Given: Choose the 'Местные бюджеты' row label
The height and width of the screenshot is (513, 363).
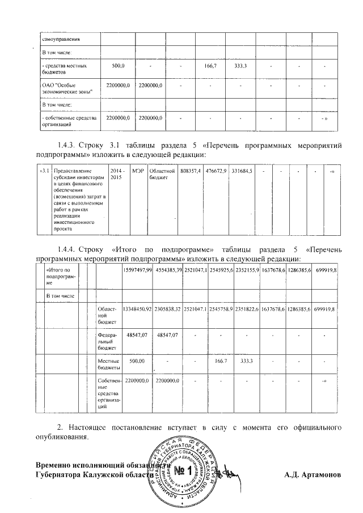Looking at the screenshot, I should [x=108, y=363].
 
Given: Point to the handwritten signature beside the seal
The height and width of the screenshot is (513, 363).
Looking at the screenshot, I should [x=230, y=472].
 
